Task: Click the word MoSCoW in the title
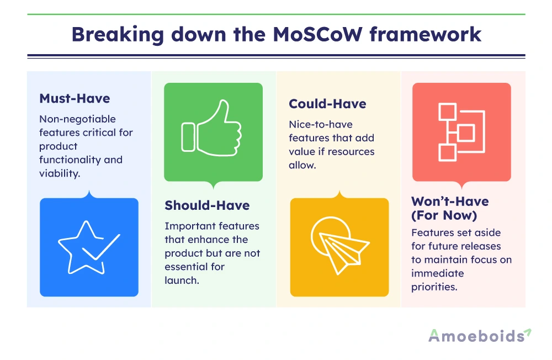pos(317,35)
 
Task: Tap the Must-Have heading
pos(75,99)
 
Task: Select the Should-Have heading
pos(207,205)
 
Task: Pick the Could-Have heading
pos(327,104)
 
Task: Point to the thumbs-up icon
pos(211,128)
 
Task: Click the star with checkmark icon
pos(89,247)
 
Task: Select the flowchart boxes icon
pos(461,132)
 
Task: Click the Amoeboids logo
pos(480,336)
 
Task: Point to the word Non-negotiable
pos(77,119)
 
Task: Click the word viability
pos(60,173)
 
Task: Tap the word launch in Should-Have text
pos(182,280)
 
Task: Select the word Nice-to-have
pos(321,124)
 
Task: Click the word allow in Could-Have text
pos(302,165)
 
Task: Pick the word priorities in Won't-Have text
pos(434,287)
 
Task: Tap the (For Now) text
pos(444,215)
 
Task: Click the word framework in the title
pos(425,35)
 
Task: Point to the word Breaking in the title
pos(118,35)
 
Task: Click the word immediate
pos(438,273)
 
